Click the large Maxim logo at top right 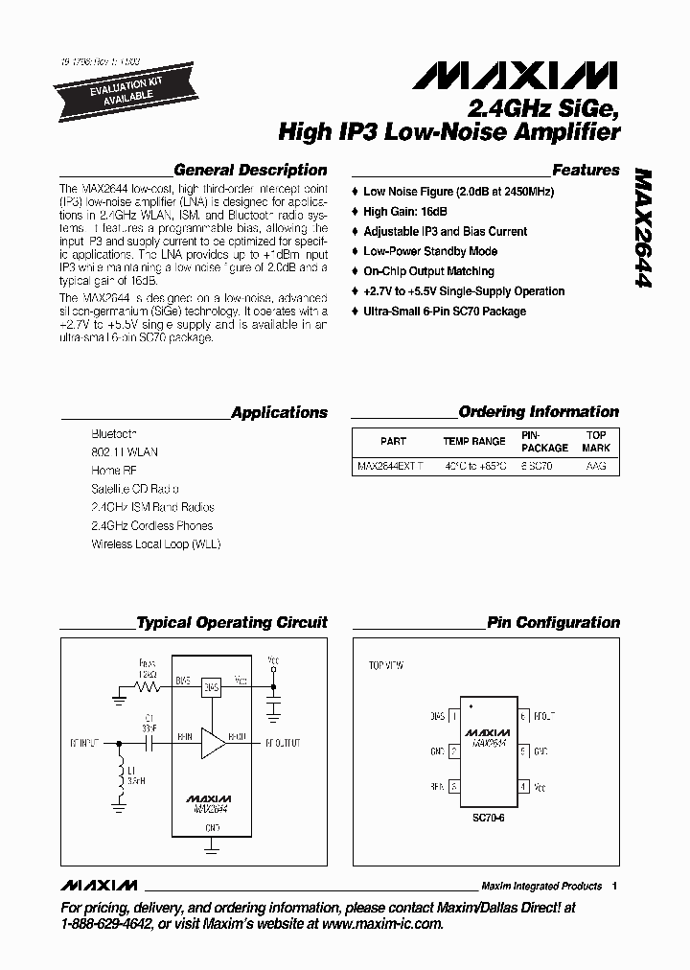click(522, 76)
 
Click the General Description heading click(250, 170)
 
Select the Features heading click(586, 170)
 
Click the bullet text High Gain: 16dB click(405, 212)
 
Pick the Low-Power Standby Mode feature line click(430, 251)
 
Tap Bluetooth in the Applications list click(113, 433)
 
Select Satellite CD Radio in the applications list click(135, 488)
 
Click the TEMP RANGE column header click(473, 441)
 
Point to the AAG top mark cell click(596, 466)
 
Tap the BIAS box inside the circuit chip click(212, 686)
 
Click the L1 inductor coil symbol click(121, 778)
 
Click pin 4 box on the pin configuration click(523, 786)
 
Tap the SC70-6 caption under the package click(489, 820)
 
